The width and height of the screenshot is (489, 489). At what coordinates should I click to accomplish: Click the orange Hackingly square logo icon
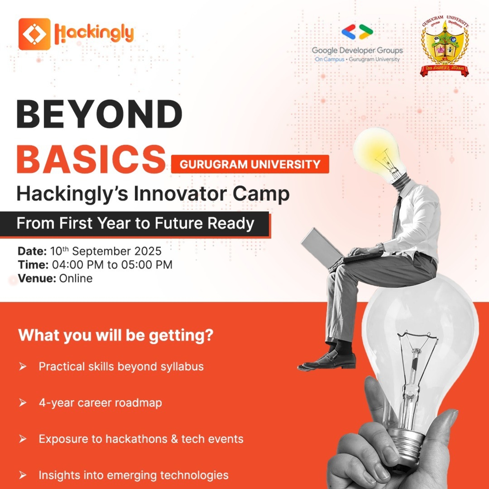[34, 34]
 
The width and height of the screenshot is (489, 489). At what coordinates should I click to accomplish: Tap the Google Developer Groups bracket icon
[357, 32]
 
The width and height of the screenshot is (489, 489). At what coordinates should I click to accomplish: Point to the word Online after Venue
[76, 279]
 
